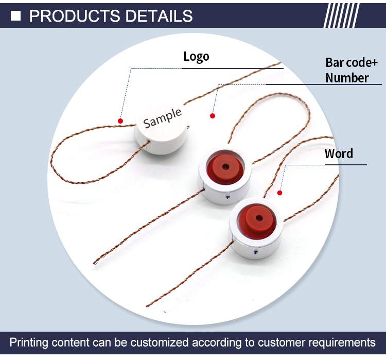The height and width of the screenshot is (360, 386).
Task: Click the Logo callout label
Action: click(x=196, y=56)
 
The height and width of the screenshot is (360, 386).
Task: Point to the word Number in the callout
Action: click(x=347, y=78)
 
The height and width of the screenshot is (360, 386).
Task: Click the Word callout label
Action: click(x=339, y=153)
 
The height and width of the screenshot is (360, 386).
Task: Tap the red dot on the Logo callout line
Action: click(x=120, y=121)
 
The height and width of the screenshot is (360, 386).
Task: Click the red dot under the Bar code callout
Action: click(x=212, y=116)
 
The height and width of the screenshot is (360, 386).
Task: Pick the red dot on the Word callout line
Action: click(x=280, y=193)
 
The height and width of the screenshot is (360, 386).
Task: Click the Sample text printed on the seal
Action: click(x=163, y=118)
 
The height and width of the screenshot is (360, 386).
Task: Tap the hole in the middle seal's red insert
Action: click(x=224, y=167)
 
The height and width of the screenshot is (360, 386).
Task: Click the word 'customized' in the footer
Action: click(x=157, y=342)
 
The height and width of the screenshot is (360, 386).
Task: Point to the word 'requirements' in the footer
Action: click(x=339, y=342)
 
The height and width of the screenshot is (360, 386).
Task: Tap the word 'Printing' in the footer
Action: click(x=29, y=342)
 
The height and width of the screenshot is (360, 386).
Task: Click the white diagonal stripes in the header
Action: click(x=341, y=15)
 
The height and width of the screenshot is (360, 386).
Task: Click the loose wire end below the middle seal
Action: click(x=95, y=263)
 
